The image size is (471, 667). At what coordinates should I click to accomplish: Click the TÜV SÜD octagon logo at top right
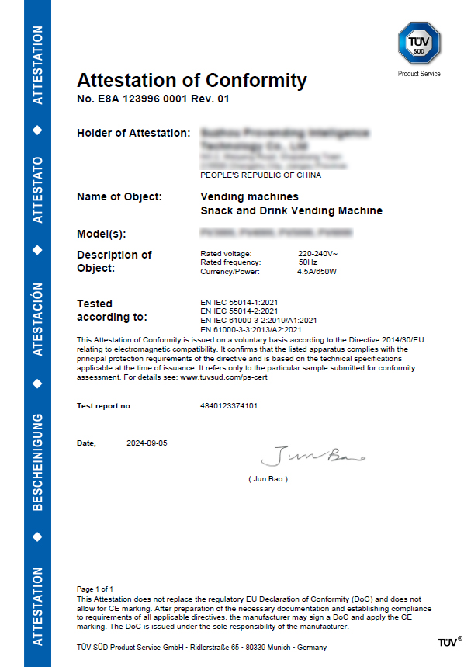point(419,43)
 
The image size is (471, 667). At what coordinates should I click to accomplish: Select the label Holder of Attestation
point(133,133)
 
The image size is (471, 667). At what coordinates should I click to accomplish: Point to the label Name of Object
point(119,196)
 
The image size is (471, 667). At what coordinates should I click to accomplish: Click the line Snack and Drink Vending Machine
point(291,210)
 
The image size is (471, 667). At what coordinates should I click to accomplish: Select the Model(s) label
point(102,234)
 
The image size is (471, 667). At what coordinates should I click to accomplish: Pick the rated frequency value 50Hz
point(308,262)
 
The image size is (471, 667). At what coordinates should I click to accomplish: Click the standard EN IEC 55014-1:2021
point(244,302)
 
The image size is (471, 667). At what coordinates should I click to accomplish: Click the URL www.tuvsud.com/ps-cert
point(224,377)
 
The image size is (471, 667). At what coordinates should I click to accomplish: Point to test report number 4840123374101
point(229,405)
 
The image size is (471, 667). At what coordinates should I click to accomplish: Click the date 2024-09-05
point(147,443)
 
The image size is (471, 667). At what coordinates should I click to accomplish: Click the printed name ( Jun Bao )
point(268,479)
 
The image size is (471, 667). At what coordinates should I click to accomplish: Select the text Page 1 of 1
point(95,589)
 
